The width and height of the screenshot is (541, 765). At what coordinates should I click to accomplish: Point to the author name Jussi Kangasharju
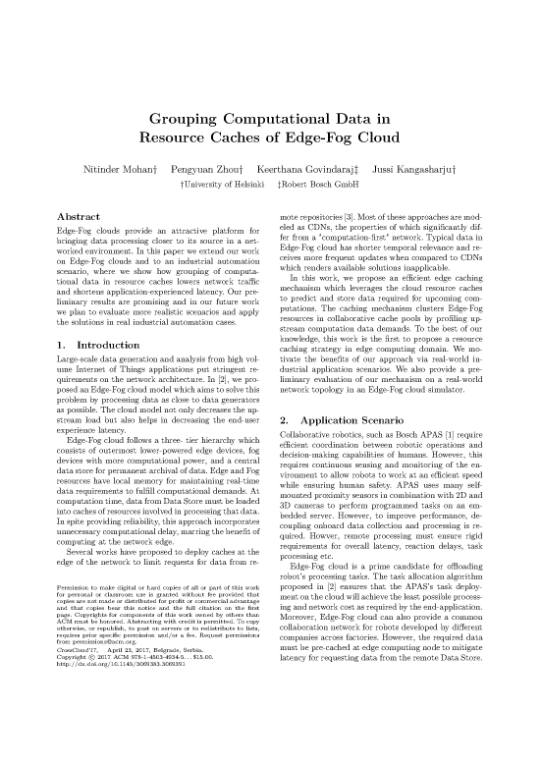click(417, 170)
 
